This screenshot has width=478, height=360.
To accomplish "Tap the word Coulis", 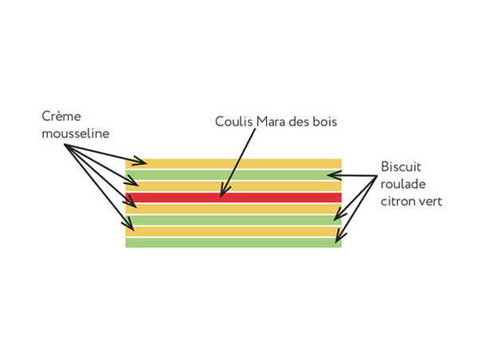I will (232, 122).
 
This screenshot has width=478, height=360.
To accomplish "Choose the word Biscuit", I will (400, 168).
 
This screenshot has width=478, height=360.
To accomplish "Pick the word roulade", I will (402, 185).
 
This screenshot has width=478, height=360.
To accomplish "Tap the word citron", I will (397, 202).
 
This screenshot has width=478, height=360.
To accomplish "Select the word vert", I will (430, 202).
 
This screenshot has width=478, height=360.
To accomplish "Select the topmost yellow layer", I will (239, 163).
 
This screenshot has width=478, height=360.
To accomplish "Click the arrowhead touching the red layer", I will (224, 192).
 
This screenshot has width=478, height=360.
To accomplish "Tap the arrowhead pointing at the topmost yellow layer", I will (139, 162).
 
